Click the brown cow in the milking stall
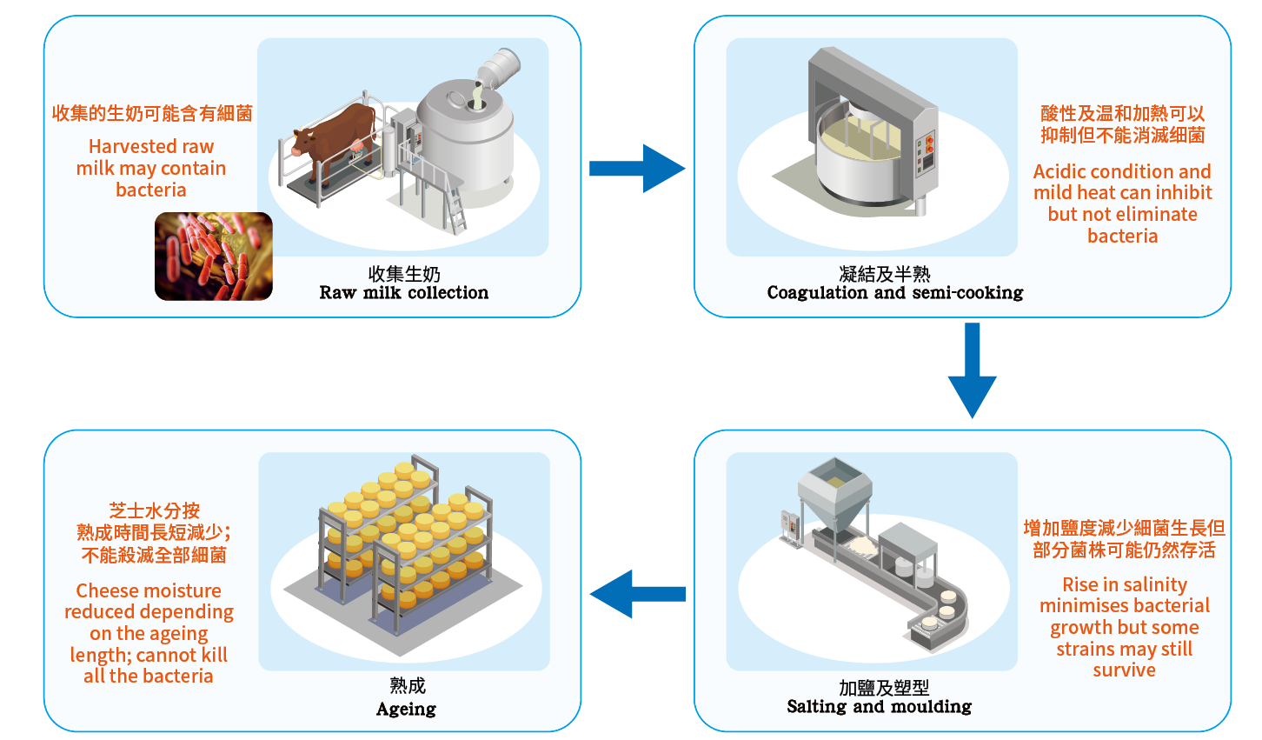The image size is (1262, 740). coord(335,139)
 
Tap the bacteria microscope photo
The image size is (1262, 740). coord(214,257)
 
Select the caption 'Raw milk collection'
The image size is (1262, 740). coord(403,293)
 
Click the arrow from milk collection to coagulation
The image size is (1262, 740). coord(637,168)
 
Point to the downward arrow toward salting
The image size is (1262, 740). coord(972,370)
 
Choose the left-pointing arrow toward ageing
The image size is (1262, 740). coord(637,594)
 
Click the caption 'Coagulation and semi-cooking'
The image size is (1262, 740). coord(894,293)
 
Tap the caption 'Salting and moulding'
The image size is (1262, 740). coord(879,707)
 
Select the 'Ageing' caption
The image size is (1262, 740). coord(406,709)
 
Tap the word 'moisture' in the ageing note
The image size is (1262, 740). coord(180,591)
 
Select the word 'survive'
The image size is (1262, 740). coord(1124,670)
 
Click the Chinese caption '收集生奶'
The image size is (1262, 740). coord(404,274)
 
